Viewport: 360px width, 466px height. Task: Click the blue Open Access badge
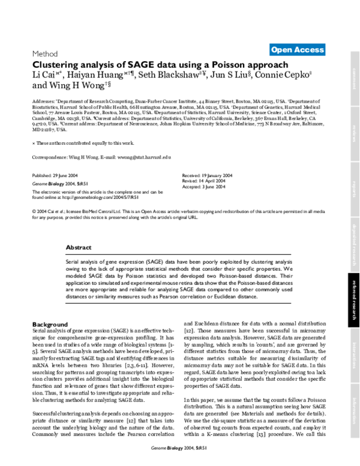coord(297,50)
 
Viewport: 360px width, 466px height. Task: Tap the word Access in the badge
coord(308,50)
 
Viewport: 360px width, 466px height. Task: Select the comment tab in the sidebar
coord(355,79)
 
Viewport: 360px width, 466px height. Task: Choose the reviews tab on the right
coord(355,134)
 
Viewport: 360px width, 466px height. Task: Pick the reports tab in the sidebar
coord(355,189)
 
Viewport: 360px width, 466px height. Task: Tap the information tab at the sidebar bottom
coord(355,411)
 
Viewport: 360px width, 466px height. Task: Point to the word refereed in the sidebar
coord(355,289)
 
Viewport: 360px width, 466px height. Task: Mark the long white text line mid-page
coord(178,223)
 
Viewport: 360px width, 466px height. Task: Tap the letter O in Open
coord(275,50)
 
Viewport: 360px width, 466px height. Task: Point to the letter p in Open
coord(280,50)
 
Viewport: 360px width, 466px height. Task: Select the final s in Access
coord(322,50)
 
